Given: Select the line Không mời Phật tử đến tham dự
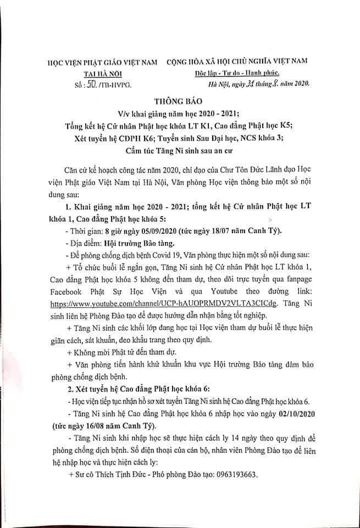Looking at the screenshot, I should tap(132, 351).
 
